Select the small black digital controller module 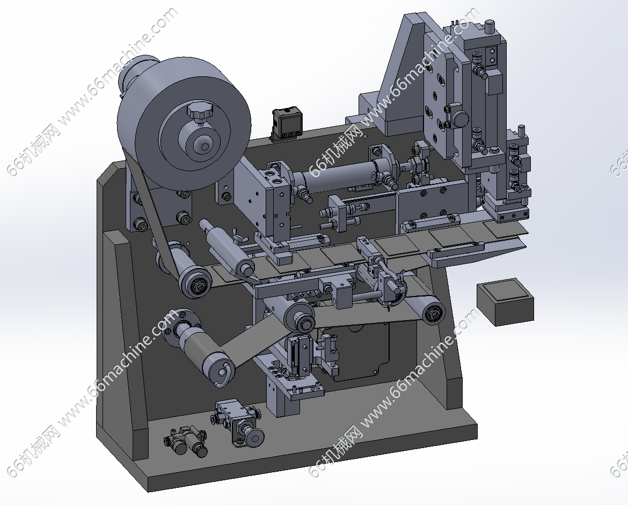point(286,124)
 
